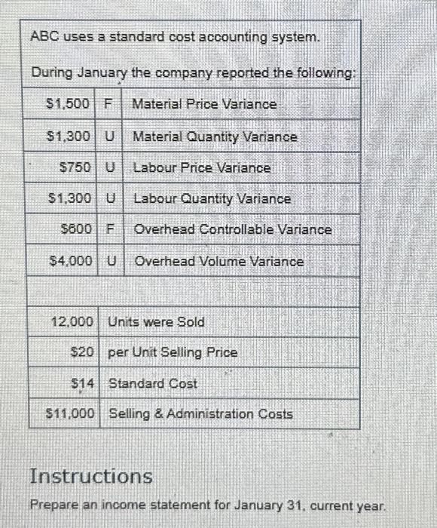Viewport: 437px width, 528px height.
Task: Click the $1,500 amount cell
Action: pos(69,103)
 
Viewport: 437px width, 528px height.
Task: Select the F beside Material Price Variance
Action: pos(108,103)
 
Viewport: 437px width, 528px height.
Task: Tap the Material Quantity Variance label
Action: pos(215,137)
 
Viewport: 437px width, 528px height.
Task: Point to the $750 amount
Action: pos(75,168)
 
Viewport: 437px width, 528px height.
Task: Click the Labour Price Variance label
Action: pos(201,168)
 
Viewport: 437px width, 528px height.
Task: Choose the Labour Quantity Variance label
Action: pos(212,199)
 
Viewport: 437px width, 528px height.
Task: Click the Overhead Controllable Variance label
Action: pos(232,229)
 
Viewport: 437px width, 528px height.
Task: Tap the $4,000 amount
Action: pos(70,261)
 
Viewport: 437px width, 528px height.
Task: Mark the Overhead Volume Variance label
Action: pos(218,261)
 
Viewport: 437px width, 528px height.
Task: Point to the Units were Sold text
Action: pos(157,322)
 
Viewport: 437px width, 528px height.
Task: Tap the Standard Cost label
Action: pos(153,383)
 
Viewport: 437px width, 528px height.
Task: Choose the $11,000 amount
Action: pos(70,413)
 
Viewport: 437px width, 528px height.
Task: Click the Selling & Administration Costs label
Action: pos(201,413)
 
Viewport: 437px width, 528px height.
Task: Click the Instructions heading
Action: pos(90,477)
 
